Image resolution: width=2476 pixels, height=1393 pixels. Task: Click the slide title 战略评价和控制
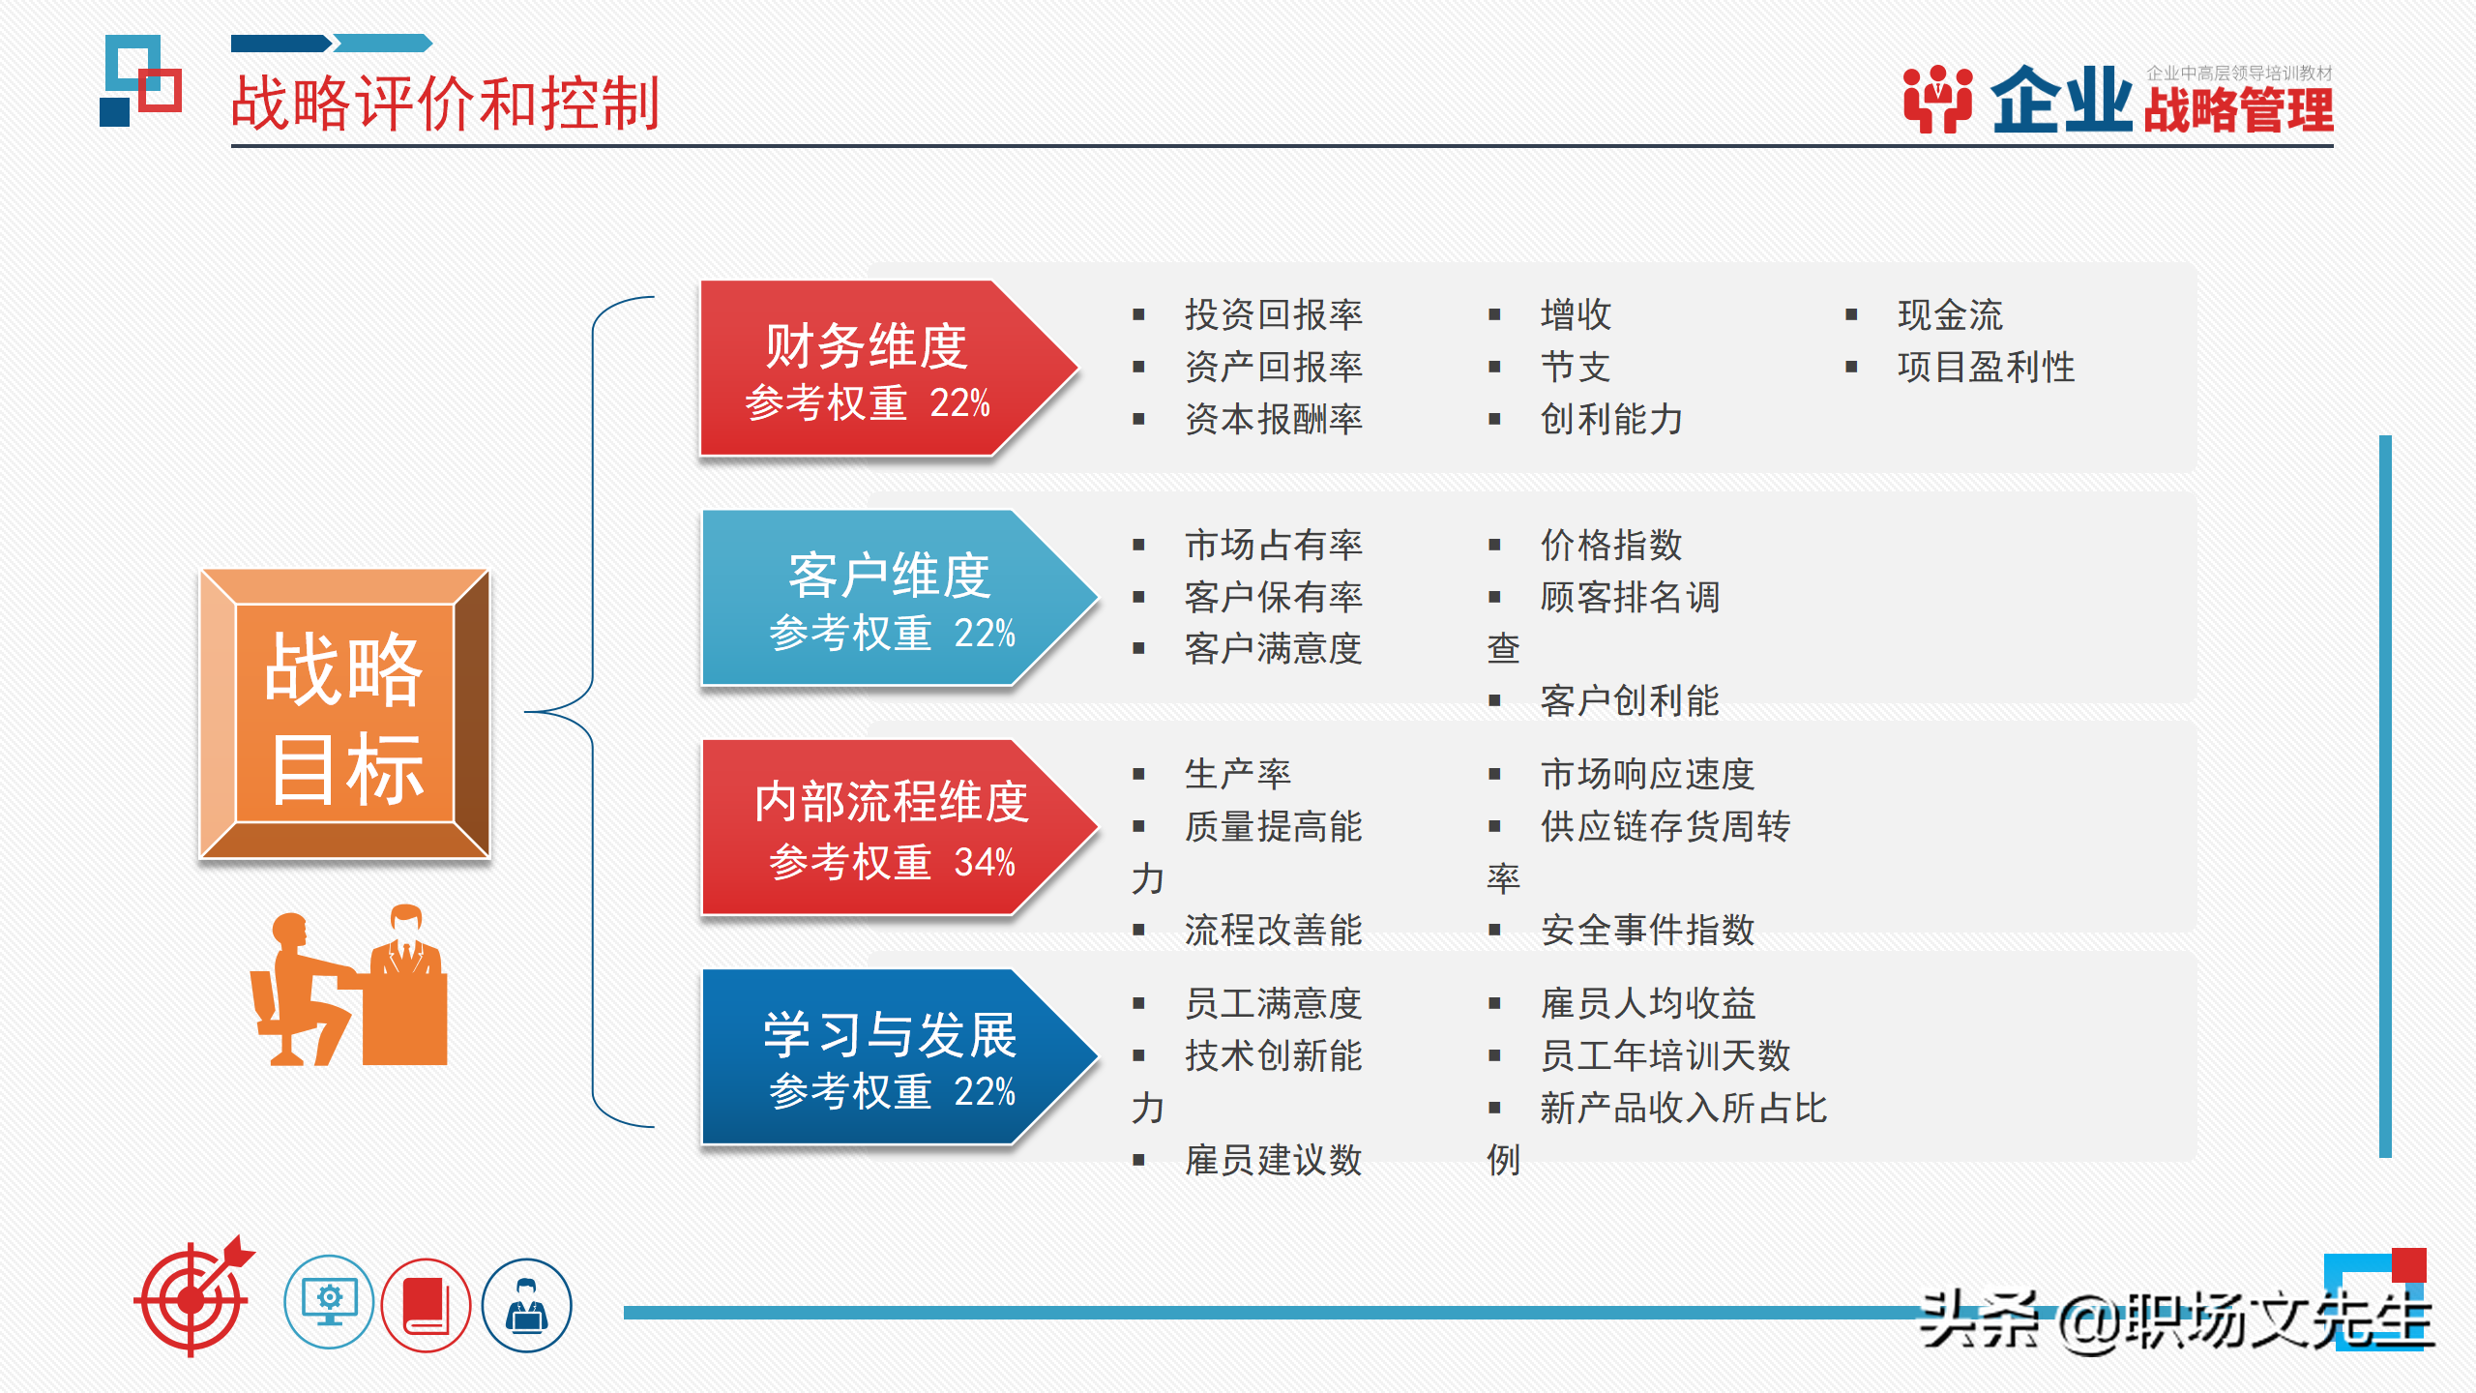[445, 103]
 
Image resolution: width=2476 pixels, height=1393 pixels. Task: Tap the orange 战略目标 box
[344, 714]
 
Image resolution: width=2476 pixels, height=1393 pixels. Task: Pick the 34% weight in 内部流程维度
[985, 862]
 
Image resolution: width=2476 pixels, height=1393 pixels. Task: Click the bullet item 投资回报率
[1273, 314]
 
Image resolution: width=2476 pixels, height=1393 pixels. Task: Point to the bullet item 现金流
[1949, 314]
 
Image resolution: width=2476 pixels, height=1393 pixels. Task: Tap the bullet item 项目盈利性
[1985, 367]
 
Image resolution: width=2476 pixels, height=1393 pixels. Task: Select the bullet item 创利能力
[1611, 419]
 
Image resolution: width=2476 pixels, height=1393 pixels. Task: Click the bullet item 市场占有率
[1273, 545]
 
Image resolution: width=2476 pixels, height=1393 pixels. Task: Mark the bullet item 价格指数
[1611, 545]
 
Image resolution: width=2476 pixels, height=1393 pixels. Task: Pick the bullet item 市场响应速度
[1646, 774]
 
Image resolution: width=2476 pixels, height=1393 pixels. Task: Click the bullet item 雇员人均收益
[1646, 1003]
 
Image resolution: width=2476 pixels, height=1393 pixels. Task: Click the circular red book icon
[426, 1305]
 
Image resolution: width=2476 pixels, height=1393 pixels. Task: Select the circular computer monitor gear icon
[329, 1303]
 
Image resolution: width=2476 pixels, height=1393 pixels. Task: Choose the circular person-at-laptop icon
[526, 1305]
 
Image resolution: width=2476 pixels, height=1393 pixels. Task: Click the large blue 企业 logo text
[2060, 101]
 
